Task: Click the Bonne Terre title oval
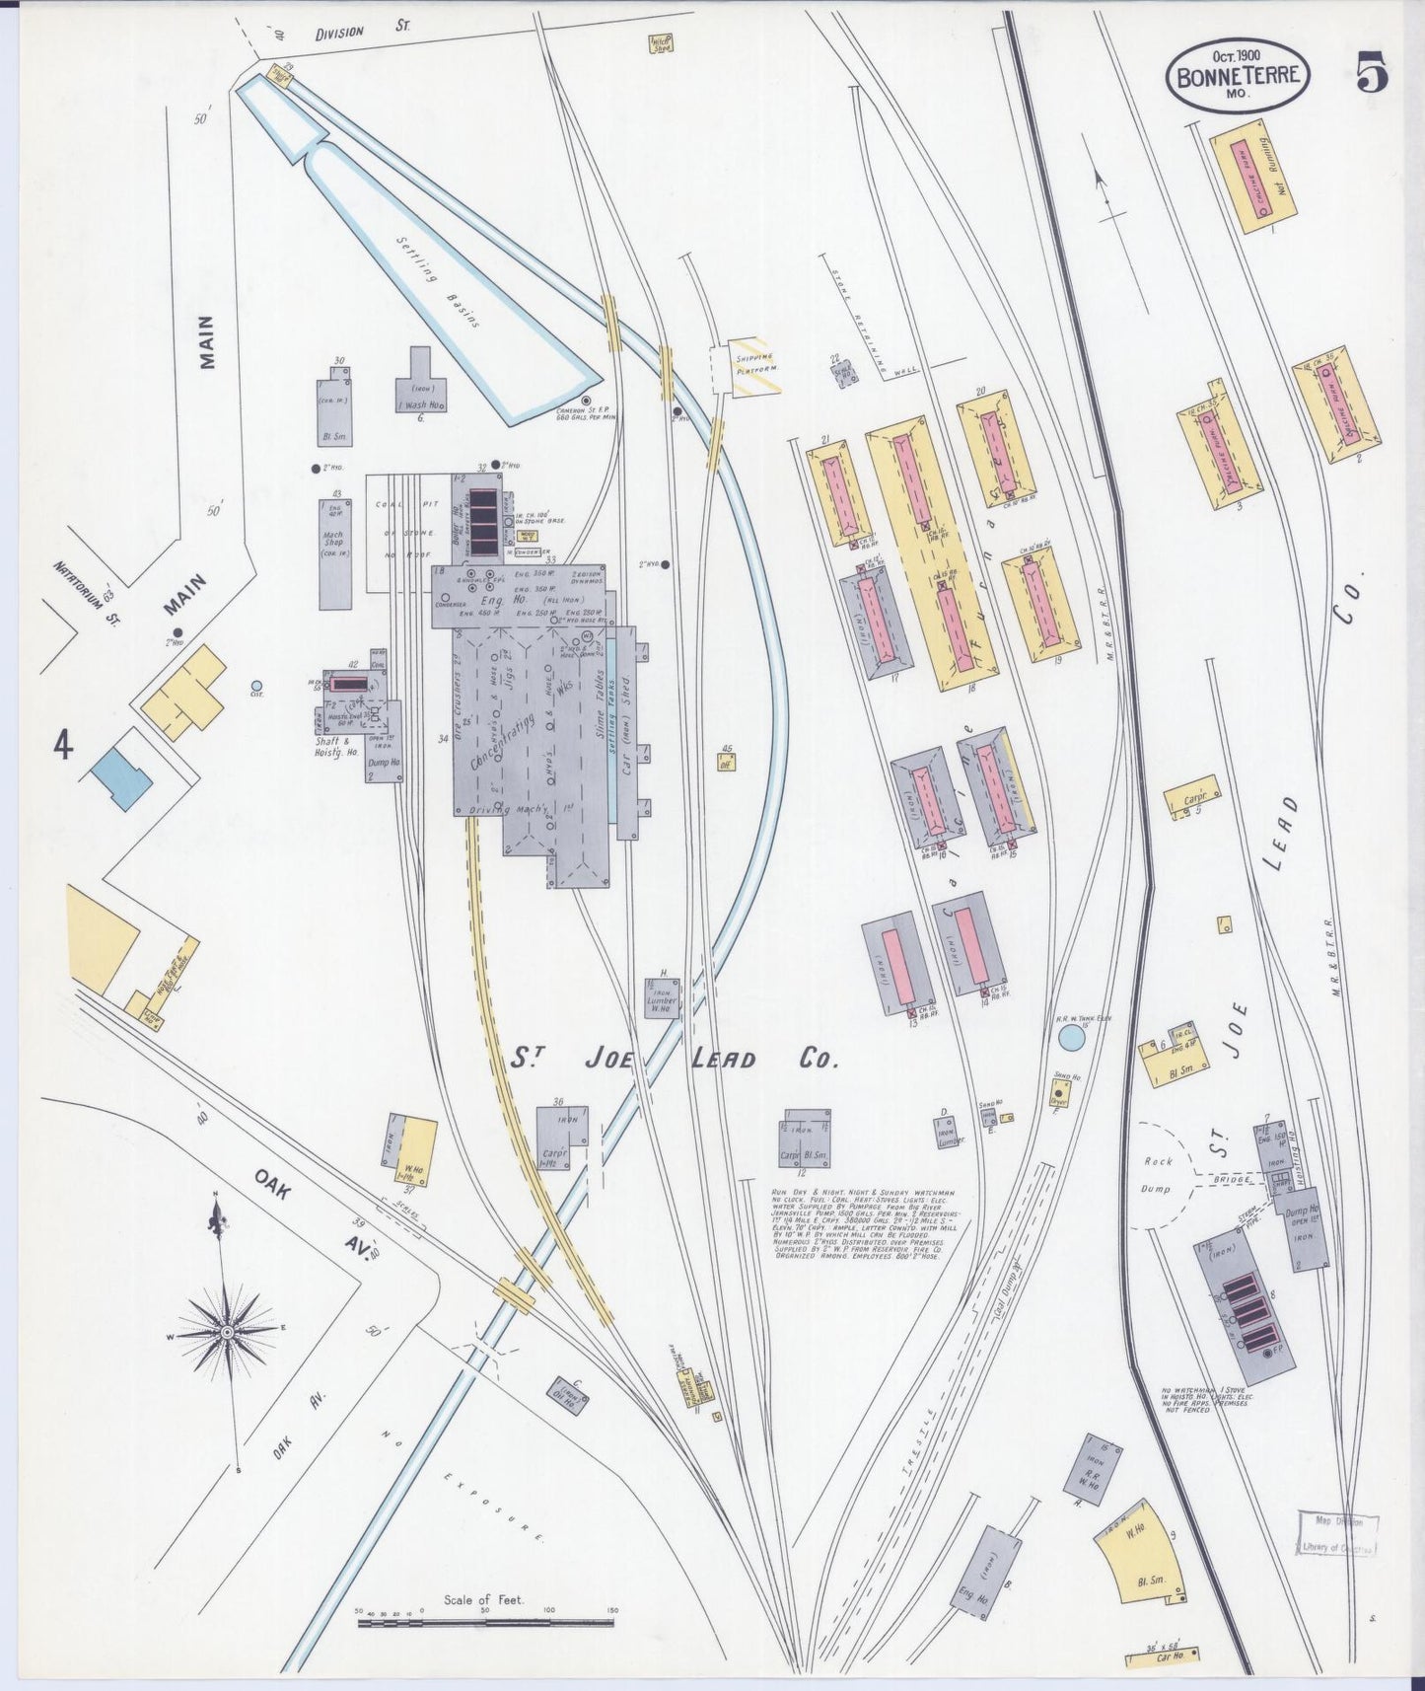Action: [x=1240, y=76]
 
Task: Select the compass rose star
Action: [x=227, y=1332]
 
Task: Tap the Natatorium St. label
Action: [x=86, y=590]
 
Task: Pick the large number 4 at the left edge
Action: [x=63, y=749]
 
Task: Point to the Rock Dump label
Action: [x=1156, y=1175]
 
